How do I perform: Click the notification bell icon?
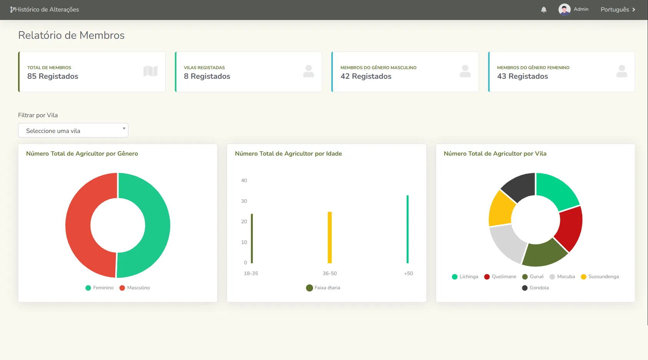tap(543, 10)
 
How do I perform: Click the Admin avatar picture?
tap(564, 10)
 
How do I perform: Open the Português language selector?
tap(618, 10)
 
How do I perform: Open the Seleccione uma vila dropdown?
tap(73, 131)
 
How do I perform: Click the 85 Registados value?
tap(53, 76)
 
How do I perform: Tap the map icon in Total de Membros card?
tap(150, 71)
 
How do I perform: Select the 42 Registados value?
tap(366, 76)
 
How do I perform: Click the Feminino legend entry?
tap(100, 288)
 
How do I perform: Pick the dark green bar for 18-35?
tap(252, 238)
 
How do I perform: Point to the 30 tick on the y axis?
tap(244, 201)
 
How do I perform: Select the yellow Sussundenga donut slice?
tap(501, 209)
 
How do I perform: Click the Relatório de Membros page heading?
tap(71, 35)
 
